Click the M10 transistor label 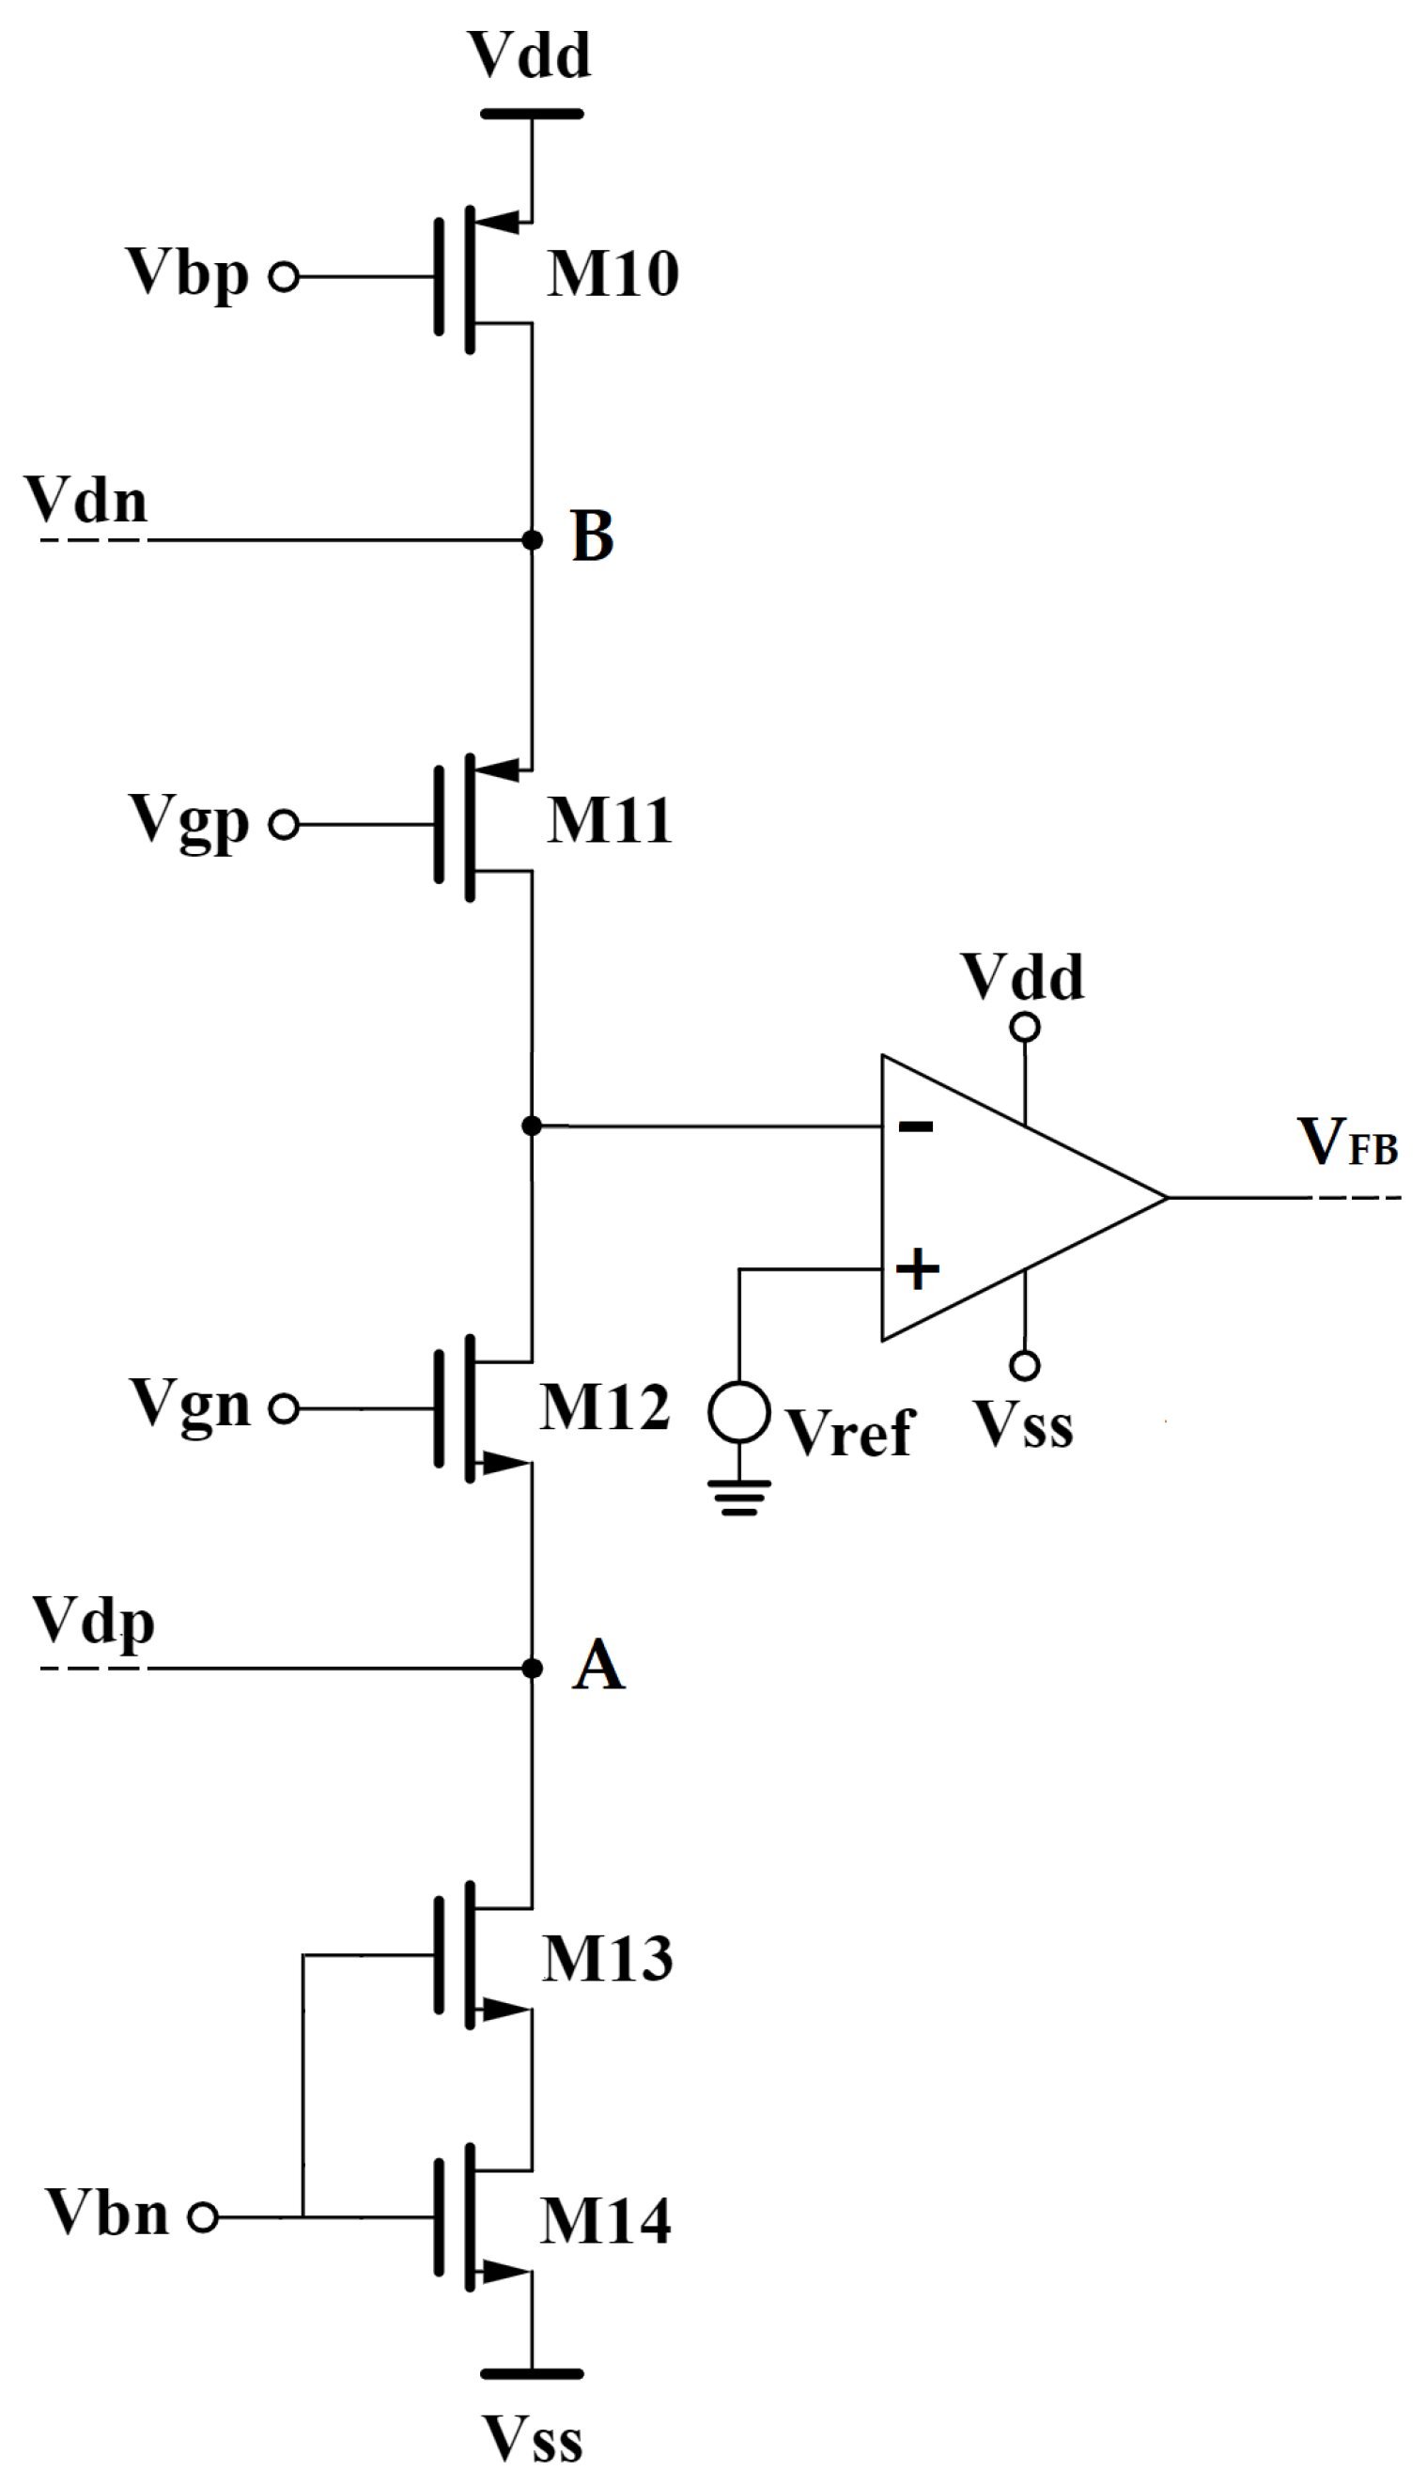(613, 273)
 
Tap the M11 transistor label (609, 820)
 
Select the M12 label (605, 1407)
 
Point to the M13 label (608, 1959)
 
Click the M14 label (606, 2220)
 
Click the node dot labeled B (532, 540)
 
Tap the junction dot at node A (532, 1669)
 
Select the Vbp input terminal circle (285, 277)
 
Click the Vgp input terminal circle (285, 825)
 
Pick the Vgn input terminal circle (285, 1409)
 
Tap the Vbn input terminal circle (203, 2216)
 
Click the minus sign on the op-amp (915, 1126)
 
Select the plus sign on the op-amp (917, 1270)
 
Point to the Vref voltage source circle (739, 1411)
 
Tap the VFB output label (1347, 1142)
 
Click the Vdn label (86, 500)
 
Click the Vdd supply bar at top (532, 115)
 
